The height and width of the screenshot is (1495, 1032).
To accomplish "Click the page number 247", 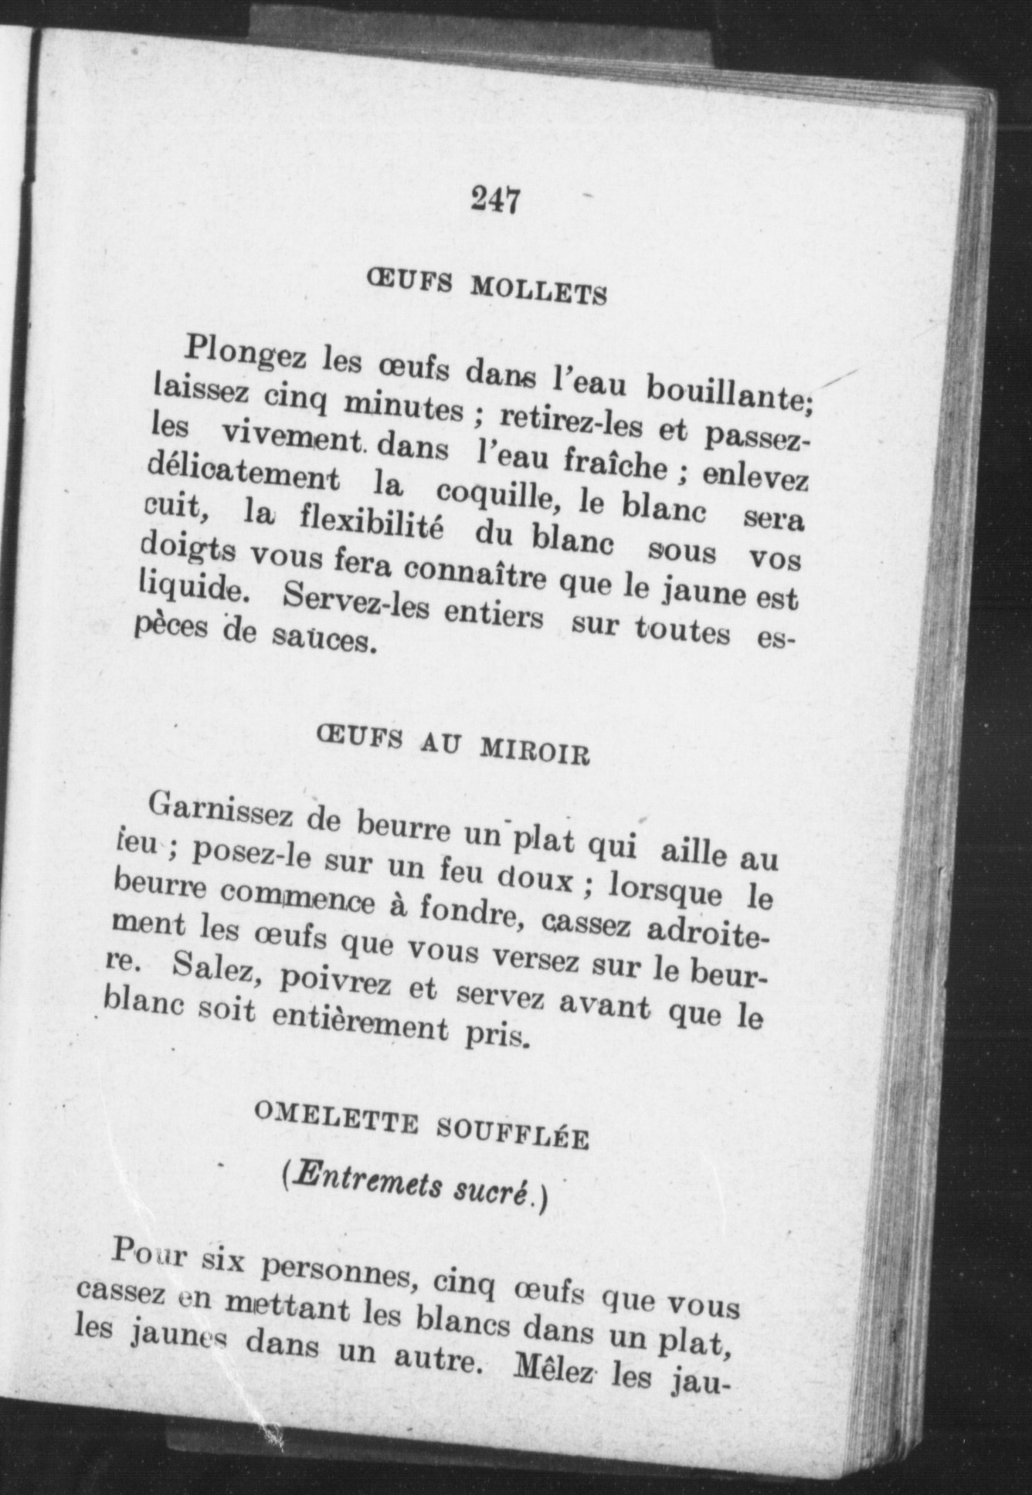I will pyautogui.click(x=495, y=200).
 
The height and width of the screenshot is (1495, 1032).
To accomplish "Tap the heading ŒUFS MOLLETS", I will pyautogui.click(x=485, y=286).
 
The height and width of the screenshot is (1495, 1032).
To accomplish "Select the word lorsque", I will pyautogui.click(x=665, y=890).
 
